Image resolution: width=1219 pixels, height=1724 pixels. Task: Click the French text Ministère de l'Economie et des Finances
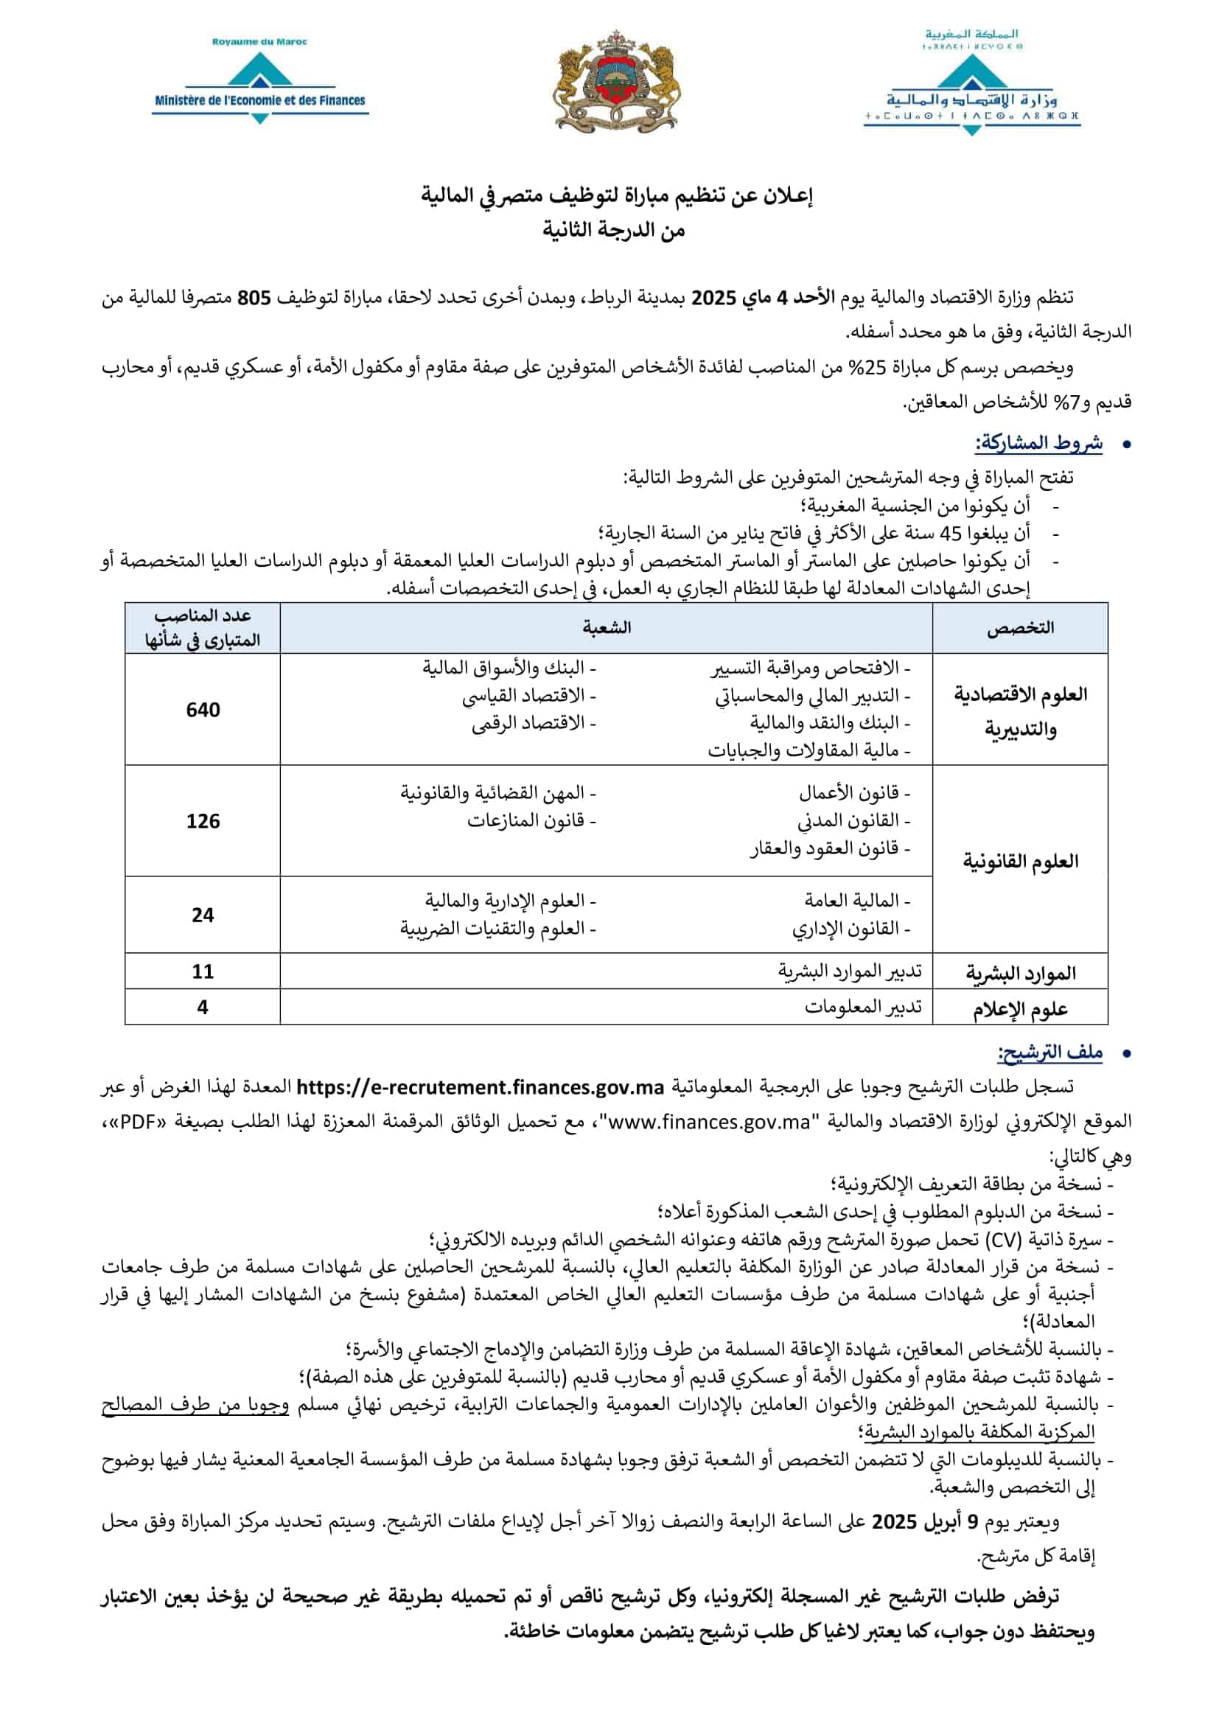click(259, 100)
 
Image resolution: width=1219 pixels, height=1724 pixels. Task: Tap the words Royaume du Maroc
click(259, 42)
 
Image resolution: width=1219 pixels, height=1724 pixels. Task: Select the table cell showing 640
click(203, 710)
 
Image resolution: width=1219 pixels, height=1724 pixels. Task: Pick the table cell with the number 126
click(203, 820)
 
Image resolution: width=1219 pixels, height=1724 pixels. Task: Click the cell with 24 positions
click(203, 915)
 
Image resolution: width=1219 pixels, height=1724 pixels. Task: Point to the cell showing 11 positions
click(203, 971)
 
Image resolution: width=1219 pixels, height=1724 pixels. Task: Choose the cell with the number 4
click(203, 1007)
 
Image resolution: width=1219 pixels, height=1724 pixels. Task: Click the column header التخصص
click(1019, 628)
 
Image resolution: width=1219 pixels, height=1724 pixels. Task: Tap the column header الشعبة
click(607, 628)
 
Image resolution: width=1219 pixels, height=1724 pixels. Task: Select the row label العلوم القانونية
click(1019, 860)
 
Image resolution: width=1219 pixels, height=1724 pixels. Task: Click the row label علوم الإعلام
click(1019, 1009)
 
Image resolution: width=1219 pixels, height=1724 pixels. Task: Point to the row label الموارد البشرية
click(1019, 973)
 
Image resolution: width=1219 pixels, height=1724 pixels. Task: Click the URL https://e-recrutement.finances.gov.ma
click(481, 1087)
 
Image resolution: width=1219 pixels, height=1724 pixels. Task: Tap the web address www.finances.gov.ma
click(710, 1122)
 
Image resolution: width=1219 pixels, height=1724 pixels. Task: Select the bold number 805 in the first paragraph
click(254, 298)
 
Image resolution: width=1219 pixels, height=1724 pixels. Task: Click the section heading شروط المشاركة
click(1039, 443)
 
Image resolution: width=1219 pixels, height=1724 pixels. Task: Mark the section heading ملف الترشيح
click(1049, 1053)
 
